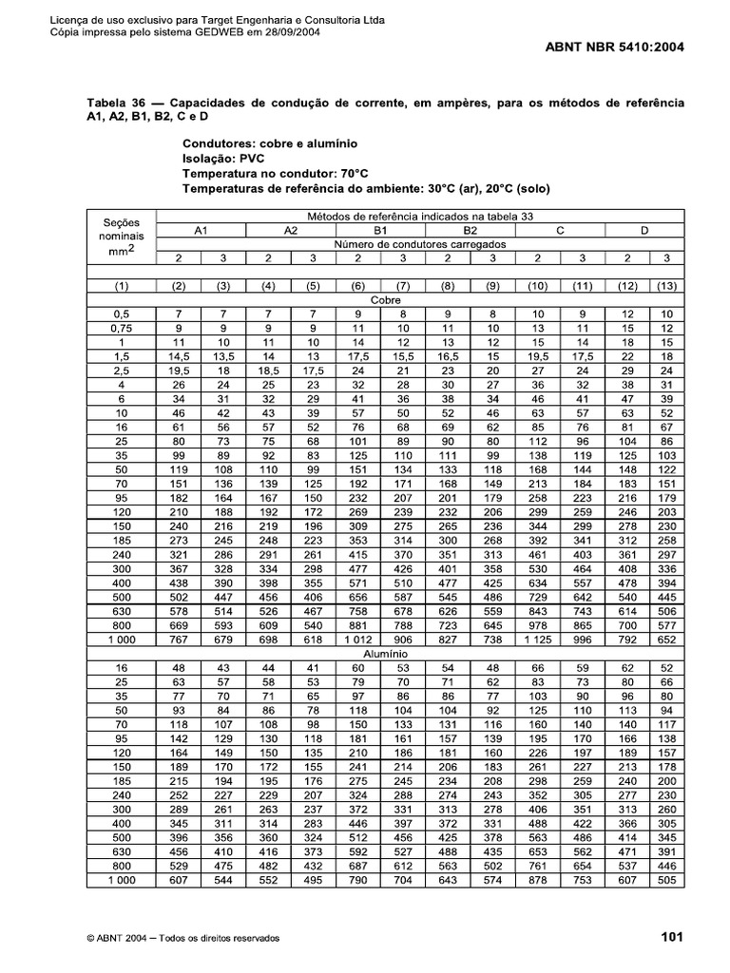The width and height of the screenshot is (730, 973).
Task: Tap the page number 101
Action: click(672, 938)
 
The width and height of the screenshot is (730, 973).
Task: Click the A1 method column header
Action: click(200, 230)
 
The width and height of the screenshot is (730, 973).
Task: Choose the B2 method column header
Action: click(470, 230)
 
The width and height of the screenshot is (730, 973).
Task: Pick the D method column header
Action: click(644, 230)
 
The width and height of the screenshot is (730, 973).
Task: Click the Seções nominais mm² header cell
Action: click(121, 237)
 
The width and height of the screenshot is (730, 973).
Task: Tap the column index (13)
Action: click(666, 285)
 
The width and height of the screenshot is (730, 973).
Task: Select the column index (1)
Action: click(121, 285)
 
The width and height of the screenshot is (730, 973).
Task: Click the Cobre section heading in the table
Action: click(385, 298)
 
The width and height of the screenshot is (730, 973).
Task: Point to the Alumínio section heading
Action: click(385, 655)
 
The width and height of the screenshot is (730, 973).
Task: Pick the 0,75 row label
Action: click(121, 327)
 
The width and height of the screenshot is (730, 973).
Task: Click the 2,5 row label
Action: click(121, 370)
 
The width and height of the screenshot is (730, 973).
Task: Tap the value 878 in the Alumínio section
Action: click(537, 879)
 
